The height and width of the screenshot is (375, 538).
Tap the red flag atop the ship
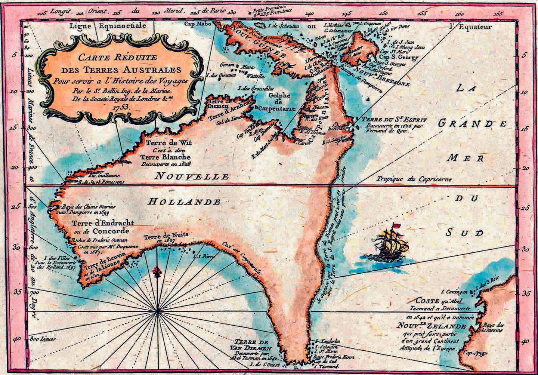[x=395, y=226]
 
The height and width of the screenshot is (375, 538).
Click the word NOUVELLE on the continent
[x=191, y=176]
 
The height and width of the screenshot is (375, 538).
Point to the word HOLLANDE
[x=184, y=202]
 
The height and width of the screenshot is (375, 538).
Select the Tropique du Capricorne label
[x=414, y=179]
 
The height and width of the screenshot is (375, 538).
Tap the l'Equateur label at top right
[x=471, y=27]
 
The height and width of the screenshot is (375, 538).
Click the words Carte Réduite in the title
[x=120, y=58]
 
